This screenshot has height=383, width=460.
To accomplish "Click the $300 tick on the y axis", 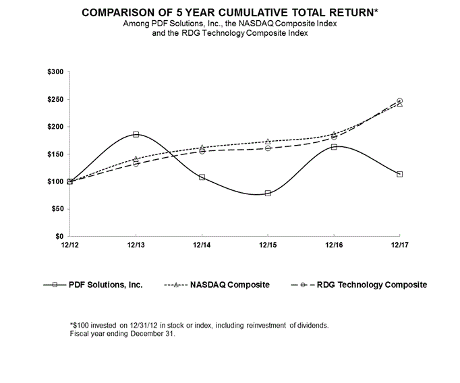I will coord(55,72).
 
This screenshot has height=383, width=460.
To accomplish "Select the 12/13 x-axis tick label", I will coord(136,245).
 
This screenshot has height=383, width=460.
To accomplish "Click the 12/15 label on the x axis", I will coord(268,245).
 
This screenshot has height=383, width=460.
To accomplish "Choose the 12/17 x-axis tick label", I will coord(399,245).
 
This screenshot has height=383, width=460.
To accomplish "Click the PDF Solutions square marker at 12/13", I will coord(136,134).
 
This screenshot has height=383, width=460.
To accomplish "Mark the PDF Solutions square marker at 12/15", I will coord(268,193).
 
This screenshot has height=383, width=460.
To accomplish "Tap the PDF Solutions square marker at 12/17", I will coord(400,174).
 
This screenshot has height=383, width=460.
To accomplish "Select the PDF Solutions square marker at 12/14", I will coord(202,177).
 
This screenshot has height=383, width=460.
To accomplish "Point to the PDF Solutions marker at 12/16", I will coord(334,146).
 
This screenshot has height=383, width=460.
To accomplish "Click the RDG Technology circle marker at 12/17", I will coord(400,100).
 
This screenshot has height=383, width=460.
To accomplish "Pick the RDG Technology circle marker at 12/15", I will coord(268,148).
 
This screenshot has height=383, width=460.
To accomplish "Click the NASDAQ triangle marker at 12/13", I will coord(136,159).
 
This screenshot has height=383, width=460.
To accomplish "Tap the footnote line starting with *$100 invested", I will coord(199,325).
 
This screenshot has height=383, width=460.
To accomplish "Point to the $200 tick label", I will coord(55,127).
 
